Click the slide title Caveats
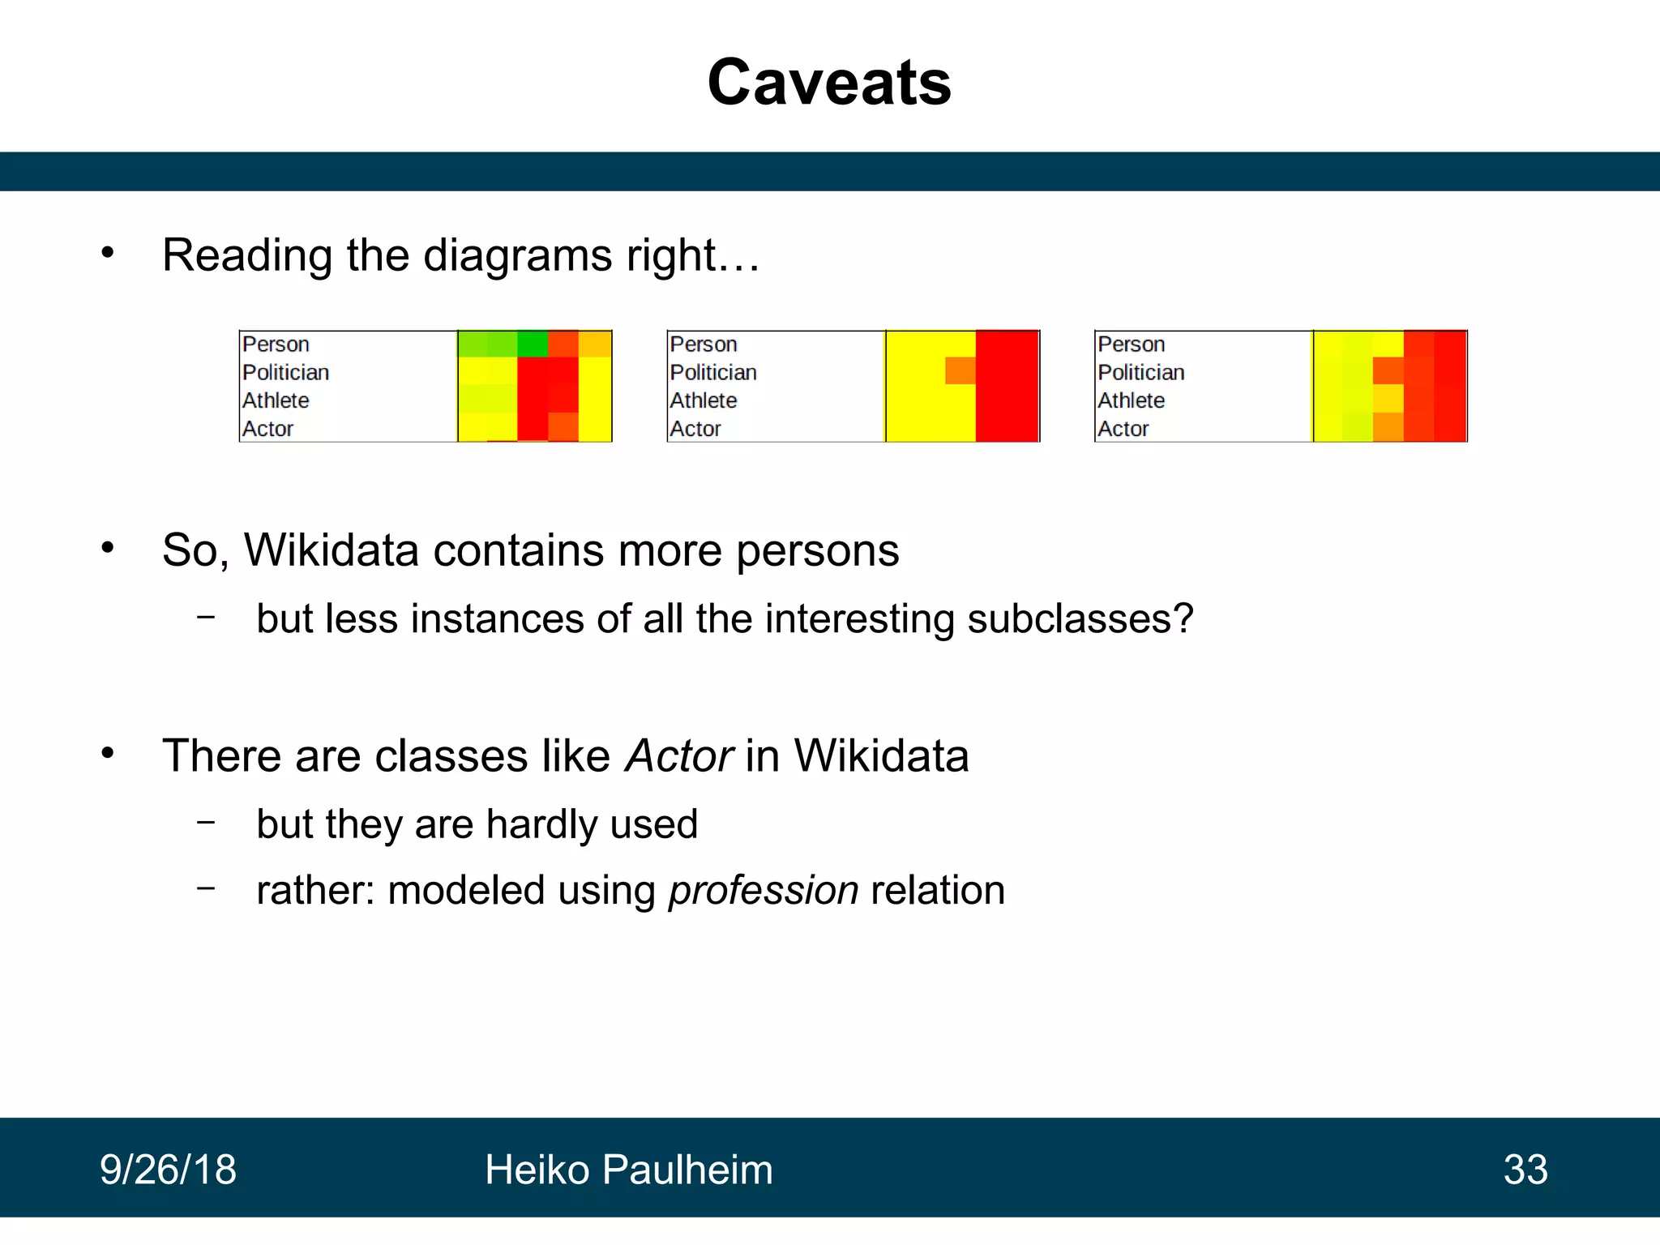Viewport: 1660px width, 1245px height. pos(828,83)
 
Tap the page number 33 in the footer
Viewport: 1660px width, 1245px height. pos(1525,1170)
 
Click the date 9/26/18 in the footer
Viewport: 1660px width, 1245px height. pos(168,1170)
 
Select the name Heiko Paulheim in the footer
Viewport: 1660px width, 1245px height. pos(628,1170)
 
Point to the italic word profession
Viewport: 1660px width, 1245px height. pos(763,890)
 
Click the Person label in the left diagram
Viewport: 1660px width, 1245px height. pos(276,344)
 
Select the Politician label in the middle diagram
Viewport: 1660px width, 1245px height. pos(712,373)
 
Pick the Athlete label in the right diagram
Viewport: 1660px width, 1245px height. pos(1131,400)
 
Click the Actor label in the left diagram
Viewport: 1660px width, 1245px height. pos(267,429)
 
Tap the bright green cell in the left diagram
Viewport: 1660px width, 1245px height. pos(533,344)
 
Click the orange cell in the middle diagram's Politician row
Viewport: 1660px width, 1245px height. pos(960,371)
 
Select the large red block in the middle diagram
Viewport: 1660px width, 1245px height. pos(1007,387)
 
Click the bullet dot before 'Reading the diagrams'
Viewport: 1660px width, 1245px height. pos(108,253)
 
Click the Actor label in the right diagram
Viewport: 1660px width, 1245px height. pos(1123,429)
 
